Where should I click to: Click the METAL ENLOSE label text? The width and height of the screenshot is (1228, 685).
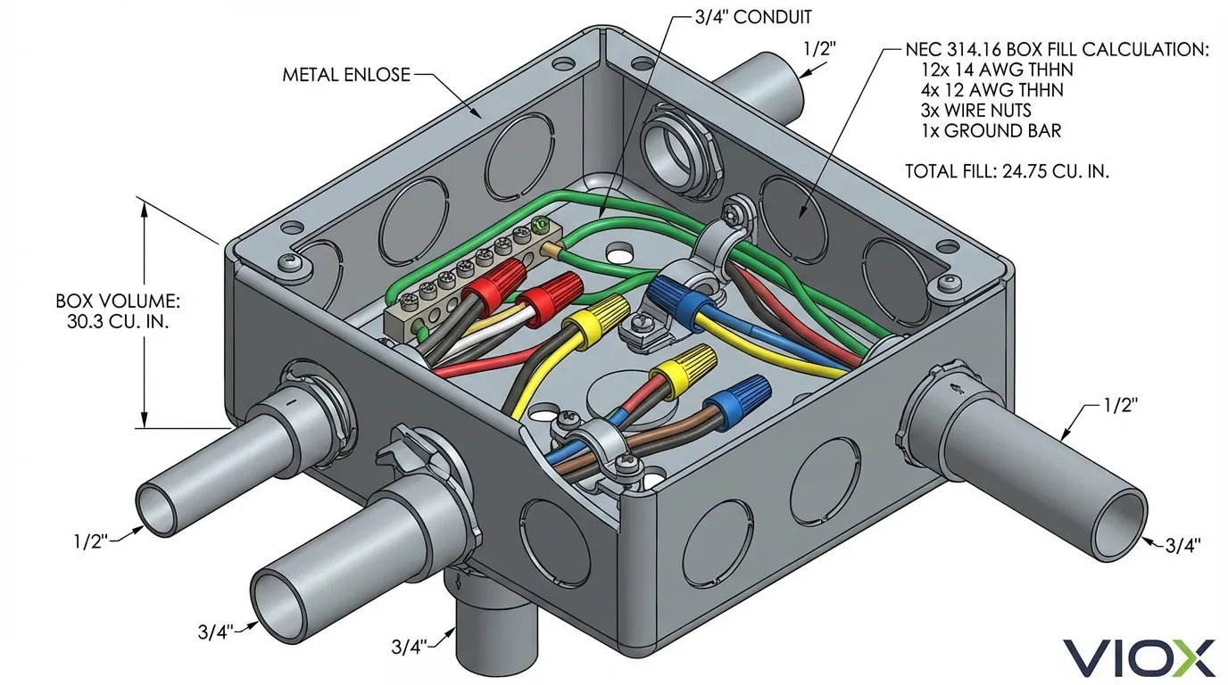[346, 75]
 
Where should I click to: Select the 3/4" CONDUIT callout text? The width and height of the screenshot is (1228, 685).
[753, 17]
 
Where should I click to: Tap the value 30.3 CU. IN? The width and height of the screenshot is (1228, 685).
[112, 321]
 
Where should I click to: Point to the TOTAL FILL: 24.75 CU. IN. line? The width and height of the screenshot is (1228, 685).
[1007, 171]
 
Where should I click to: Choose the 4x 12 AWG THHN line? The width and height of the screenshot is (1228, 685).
[992, 91]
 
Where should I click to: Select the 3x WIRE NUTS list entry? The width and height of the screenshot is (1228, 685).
[975, 111]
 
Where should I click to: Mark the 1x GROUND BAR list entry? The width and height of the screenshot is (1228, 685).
[991, 131]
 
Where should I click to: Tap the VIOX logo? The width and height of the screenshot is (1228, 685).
[1138, 657]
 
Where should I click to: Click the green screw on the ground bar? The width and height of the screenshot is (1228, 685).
[538, 226]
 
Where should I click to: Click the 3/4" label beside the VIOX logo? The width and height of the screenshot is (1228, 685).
[1183, 543]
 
